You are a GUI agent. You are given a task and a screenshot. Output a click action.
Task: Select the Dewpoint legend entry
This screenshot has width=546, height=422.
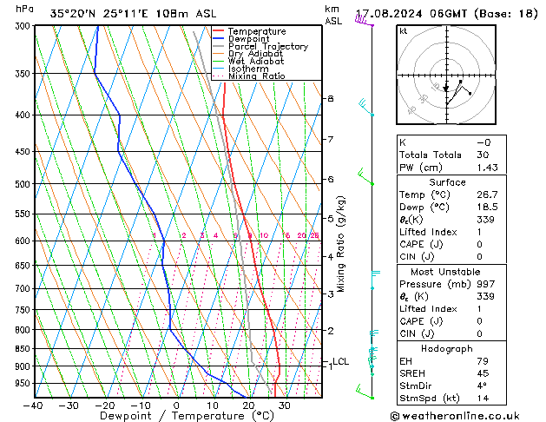(x=252, y=39)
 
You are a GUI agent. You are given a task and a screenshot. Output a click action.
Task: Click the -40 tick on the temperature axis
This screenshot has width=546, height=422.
(x=35, y=405)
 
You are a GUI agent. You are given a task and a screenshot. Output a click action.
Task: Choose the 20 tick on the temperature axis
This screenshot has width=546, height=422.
(x=248, y=405)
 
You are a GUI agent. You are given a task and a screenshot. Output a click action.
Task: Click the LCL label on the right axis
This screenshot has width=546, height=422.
(x=340, y=361)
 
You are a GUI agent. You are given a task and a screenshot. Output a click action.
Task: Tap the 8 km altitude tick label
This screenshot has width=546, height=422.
(x=330, y=99)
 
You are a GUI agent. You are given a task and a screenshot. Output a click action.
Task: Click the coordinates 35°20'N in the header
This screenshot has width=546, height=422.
(x=76, y=14)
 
